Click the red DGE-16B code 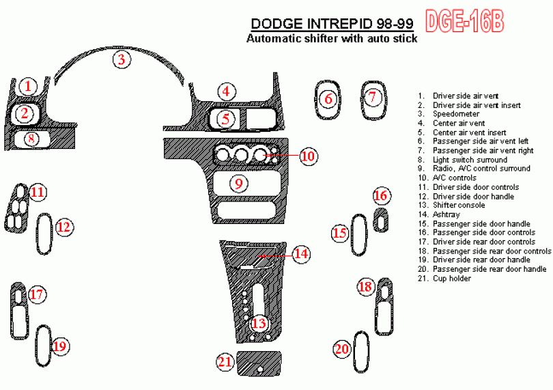[x=465, y=21]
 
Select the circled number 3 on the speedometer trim [x=122, y=59]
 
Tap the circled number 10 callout [x=308, y=156]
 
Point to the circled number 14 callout [x=301, y=253]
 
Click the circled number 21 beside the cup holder [x=225, y=362]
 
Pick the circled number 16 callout [x=380, y=195]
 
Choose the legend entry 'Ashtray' [x=446, y=214]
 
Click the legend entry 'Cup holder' [x=452, y=279]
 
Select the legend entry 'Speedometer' [x=456, y=114]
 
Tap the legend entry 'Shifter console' [x=459, y=206]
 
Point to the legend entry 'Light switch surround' [x=470, y=160]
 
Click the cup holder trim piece [x=259, y=363]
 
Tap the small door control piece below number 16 [x=380, y=220]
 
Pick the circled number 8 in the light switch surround [x=31, y=139]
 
